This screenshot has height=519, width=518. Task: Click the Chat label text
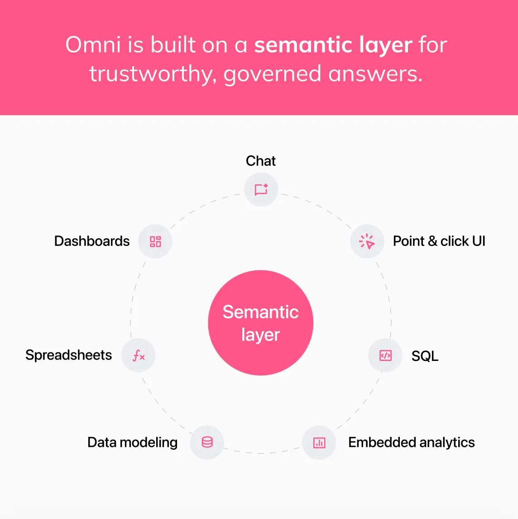(261, 161)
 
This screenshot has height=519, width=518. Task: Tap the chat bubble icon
(261, 189)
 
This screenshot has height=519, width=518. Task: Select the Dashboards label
(92, 241)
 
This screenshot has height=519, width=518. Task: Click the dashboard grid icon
(155, 241)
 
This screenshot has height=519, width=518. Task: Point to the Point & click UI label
(439, 241)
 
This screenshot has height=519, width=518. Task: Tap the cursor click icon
(367, 241)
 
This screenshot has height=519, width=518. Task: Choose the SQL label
(425, 356)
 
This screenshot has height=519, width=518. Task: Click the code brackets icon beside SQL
(385, 356)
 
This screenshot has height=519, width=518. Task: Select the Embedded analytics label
(411, 442)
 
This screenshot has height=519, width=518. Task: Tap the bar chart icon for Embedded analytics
(319, 442)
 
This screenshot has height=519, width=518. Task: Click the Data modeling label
(132, 442)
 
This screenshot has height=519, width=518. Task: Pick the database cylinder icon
(207, 442)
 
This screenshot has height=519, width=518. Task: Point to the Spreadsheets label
(68, 355)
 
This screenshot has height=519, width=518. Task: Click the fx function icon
(139, 356)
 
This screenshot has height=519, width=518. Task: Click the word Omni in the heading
(93, 45)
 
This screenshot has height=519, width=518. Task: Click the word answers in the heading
(375, 74)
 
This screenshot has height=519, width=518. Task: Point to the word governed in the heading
(272, 74)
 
